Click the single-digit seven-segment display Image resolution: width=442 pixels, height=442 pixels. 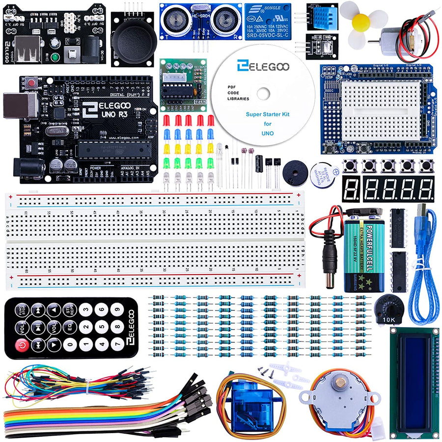coord(350,189)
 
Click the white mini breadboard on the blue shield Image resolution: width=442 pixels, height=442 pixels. coord(381,109)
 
